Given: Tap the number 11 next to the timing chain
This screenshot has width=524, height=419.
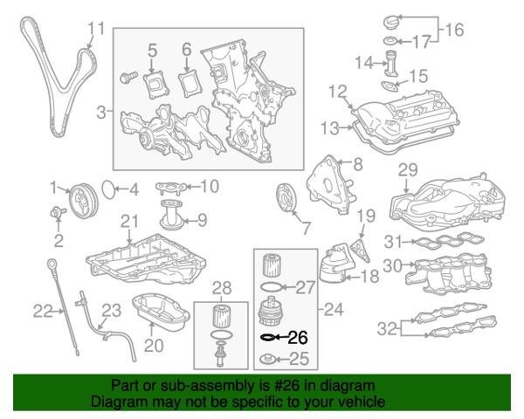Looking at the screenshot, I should pos(96,29).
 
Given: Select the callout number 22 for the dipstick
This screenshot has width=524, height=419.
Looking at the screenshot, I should pos(43,309).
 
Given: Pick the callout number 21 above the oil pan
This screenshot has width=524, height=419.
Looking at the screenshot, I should pos(129,221).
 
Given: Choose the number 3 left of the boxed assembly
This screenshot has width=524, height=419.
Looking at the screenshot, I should pos(101,112).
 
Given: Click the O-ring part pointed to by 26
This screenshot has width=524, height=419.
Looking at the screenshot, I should pos(267,336).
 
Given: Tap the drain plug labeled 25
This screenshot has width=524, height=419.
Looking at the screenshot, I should pos(269,358).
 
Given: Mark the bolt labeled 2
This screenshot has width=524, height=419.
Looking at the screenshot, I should pos(58,212).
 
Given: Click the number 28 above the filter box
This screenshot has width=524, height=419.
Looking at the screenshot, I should pos(221,287).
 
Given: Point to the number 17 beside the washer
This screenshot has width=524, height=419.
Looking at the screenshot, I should pos(420,41).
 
